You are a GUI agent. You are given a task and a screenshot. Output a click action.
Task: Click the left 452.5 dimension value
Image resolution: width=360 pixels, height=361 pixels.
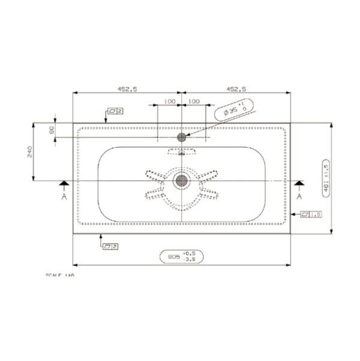[x=127, y=89]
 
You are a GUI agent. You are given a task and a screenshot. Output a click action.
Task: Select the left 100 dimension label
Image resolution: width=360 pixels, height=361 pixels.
[x=169, y=102]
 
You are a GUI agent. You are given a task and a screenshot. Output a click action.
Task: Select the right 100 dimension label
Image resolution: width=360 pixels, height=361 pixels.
[x=194, y=102]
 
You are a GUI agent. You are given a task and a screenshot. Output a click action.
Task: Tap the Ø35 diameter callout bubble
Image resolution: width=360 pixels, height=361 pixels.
[x=234, y=111]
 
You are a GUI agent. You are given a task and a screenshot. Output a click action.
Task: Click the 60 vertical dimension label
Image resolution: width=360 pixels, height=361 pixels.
[x=52, y=129]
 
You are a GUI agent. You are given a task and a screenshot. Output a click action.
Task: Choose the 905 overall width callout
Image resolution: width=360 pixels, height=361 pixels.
[x=182, y=256]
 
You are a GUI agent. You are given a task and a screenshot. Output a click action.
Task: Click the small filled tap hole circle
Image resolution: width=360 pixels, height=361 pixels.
[x=181, y=137]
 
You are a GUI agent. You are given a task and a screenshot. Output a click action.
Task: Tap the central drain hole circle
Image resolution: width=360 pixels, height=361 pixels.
[x=181, y=180]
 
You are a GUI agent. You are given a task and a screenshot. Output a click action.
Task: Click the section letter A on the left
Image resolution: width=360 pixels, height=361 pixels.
[x=64, y=196]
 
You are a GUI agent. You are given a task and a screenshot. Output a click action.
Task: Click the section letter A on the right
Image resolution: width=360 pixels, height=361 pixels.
[x=298, y=196]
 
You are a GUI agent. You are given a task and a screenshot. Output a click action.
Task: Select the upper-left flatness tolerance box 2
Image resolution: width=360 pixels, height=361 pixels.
[x=115, y=111]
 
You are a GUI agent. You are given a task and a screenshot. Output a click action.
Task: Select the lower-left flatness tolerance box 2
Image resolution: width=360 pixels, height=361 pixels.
[x=109, y=246]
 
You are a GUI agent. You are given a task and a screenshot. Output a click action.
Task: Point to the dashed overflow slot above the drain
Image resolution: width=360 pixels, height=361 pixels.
[x=181, y=151]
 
